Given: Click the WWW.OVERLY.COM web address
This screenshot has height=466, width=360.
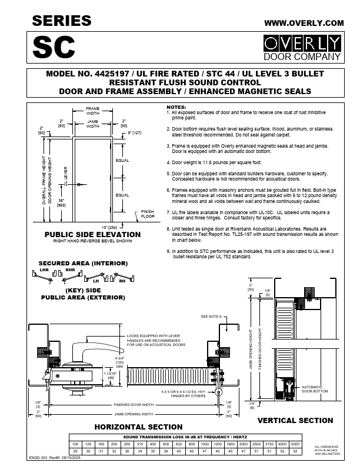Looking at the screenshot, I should [x=304, y=22].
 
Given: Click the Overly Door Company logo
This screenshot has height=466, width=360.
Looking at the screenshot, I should [x=302, y=48].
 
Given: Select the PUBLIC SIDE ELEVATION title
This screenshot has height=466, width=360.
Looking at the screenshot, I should [x=93, y=234].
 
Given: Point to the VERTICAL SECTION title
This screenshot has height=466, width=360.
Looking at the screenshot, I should [x=295, y=420].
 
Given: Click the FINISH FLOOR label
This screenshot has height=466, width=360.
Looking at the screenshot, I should [x=147, y=214].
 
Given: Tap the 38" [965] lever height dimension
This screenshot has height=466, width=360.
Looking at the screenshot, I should [x=61, y=202].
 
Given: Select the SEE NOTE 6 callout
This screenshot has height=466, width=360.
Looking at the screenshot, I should [x=211, y=317].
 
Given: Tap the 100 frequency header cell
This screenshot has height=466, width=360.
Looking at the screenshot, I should [x=75, y=443].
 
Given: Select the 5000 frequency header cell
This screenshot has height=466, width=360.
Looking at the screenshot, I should [x=295, y=443].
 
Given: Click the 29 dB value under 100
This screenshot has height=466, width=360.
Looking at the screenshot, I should [x=75, y=450].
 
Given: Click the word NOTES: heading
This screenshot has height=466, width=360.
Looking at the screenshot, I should [x=176, y=107].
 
